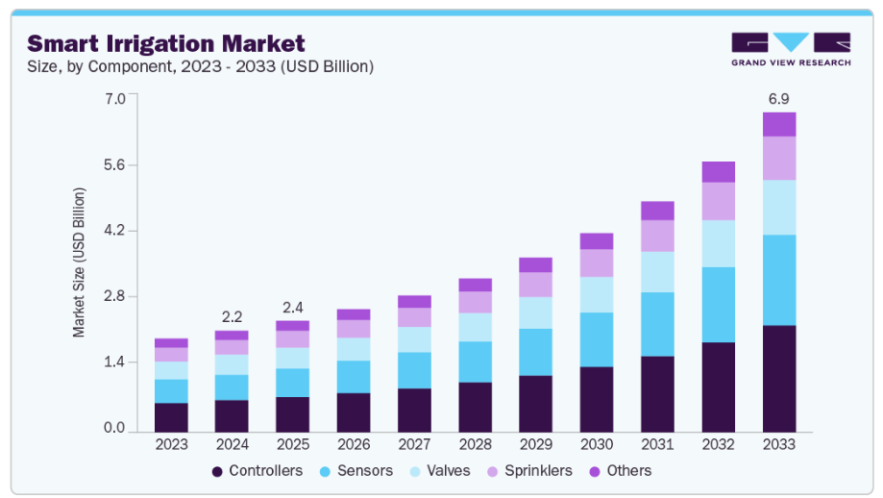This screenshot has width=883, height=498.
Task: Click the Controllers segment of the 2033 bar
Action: [779, 378]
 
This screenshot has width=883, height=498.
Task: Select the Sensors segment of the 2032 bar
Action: [719, 304]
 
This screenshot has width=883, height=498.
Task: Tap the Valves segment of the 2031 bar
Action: [657, 271]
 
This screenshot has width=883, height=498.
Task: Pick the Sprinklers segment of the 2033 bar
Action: [779, 158]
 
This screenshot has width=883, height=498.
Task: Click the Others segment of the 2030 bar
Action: [597, 240]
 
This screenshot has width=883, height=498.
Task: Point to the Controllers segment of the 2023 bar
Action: [171, 416]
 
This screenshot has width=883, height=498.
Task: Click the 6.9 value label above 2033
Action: [779, 99]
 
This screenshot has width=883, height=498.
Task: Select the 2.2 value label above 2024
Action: [233, 316]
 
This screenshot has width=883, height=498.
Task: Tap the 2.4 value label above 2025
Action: [293, 308]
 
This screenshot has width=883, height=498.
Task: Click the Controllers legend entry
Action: [257, 471]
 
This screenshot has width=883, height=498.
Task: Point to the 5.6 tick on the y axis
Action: [114, 164]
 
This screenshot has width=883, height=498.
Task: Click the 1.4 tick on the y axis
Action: [114, 361]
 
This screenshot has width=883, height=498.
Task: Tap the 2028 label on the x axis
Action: [476, 445]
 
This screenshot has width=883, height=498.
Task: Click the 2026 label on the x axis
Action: [354, 445]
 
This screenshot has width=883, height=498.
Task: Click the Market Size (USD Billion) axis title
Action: [80, 261]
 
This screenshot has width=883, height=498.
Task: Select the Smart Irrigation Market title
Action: [166, 43]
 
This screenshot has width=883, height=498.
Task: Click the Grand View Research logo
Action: [790, 48]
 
